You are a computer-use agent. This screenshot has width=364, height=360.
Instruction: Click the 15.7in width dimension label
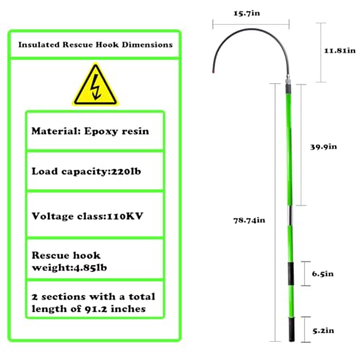pyautogui.click(x=247, y=13)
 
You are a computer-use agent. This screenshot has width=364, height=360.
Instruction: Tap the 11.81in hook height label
pyautogui.click(x=340, y=50)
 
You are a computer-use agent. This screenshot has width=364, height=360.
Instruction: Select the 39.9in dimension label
pyautogui.click(x=323, y=146)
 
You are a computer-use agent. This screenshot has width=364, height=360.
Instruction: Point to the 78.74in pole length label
pyautogui.click(x=249, y=220)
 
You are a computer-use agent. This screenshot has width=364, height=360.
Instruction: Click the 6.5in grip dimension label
pyautogui.click(x=323, y=274)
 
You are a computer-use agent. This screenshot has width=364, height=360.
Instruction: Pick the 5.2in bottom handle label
pyautogui.click(x=323, y=331)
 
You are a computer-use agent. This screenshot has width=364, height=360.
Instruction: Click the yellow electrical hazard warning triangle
pyautogui.click(x=95, y=85)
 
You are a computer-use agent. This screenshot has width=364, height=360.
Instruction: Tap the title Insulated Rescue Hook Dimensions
pyautogui.click(x=95, y=44)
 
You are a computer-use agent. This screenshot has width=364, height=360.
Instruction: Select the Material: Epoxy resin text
pyautogui.click(x=90, y=131)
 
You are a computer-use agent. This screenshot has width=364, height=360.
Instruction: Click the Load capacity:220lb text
pyautogui.click(x=86, y=171)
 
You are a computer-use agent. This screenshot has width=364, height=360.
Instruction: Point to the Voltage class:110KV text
pyautogui.click(x=87, y=216)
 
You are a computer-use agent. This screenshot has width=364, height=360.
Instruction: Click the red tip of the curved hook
pyautogui.click(x=213, y=71)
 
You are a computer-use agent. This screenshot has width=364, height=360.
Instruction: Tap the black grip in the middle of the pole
pyautogui.click(x=290, y=273)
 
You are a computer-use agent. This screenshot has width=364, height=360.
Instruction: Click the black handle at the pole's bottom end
pyautogui.click(x=292, y=330)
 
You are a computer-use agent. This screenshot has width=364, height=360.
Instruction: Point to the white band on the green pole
pyautogui.click(x=290, y=216)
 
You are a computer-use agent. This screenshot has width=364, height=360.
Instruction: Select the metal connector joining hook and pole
pyautogui.click(x=288, y=79)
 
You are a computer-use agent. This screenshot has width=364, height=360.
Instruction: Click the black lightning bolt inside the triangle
pyautogui.click(x=95, y=87)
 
